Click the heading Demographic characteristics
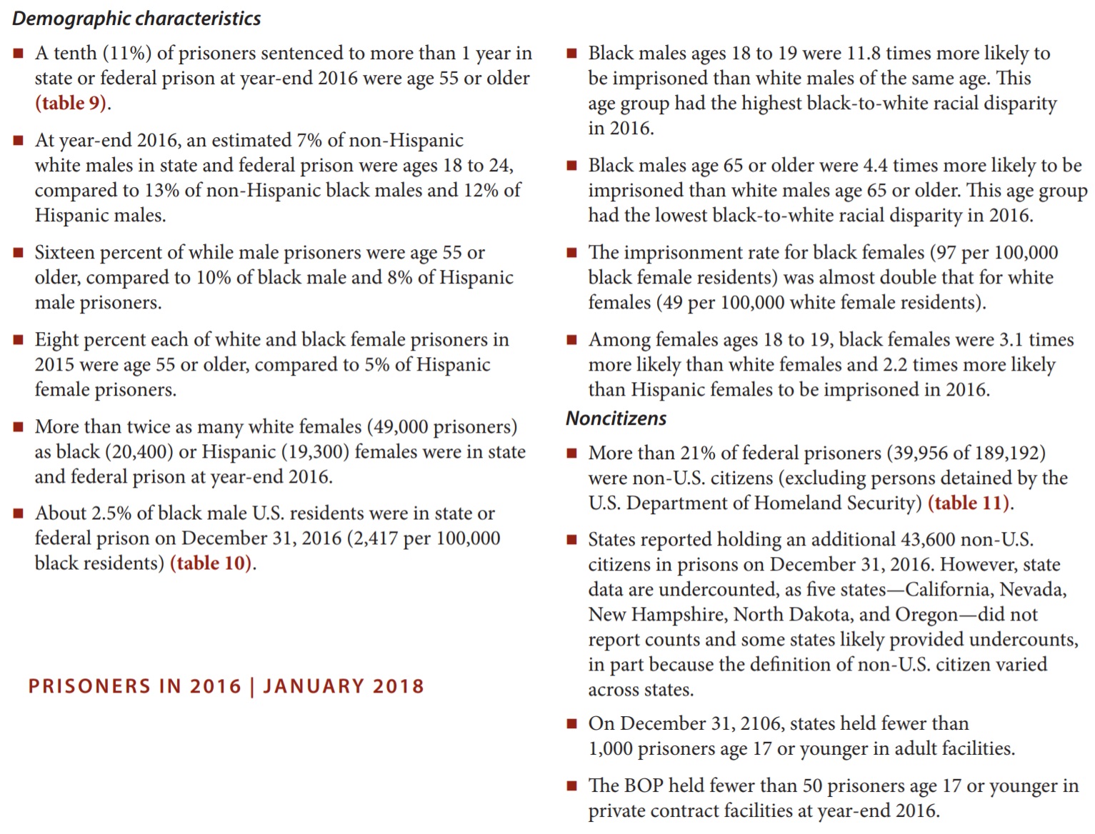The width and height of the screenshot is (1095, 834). click(x=136, y=19)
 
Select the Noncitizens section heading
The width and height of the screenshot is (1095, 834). click(x=616, y=418)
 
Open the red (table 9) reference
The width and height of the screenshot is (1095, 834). click(x=71, y=104)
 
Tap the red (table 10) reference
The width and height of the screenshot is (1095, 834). click(x=211, y=563)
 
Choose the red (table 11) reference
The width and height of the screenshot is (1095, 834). click(x=969, y=503)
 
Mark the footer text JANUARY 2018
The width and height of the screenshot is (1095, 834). click(x=344, y=687)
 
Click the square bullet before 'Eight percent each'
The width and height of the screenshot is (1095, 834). click(x=19, y=340)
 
